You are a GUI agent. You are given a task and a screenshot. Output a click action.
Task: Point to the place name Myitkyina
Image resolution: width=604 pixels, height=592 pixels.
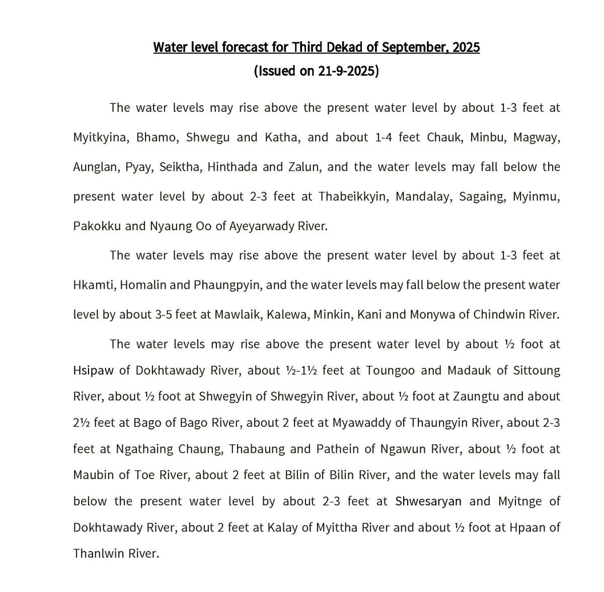[100, 138]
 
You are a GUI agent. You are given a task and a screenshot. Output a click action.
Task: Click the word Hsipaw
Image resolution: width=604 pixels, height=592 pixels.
[94, 370]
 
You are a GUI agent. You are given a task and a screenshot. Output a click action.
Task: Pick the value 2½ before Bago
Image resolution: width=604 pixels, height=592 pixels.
[81, 423]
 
